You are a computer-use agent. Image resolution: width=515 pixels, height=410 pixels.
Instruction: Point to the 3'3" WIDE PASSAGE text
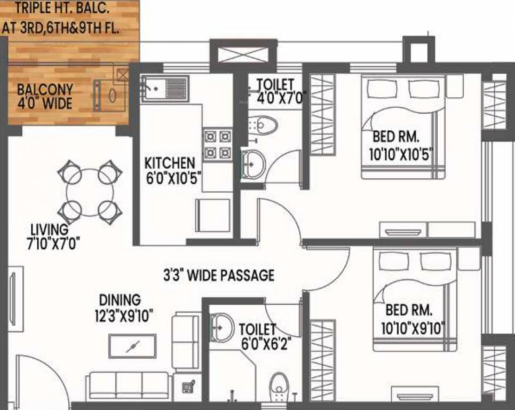219,275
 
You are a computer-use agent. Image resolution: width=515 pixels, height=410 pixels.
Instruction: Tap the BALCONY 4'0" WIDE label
45,96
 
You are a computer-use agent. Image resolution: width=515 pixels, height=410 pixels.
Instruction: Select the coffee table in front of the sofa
132,346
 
